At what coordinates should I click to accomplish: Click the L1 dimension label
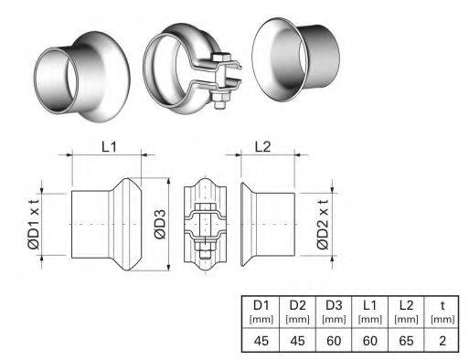[109, 147]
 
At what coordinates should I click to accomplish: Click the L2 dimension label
[262, 147]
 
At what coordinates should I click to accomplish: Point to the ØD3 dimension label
[160, 224]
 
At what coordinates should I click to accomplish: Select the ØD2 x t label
[323, 224]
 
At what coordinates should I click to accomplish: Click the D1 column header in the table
[261, 305]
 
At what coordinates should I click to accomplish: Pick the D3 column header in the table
[334, 305]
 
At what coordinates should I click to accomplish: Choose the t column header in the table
[442, 305]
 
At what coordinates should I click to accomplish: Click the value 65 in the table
[406, 341]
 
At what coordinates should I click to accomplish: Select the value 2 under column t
[442, 341]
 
